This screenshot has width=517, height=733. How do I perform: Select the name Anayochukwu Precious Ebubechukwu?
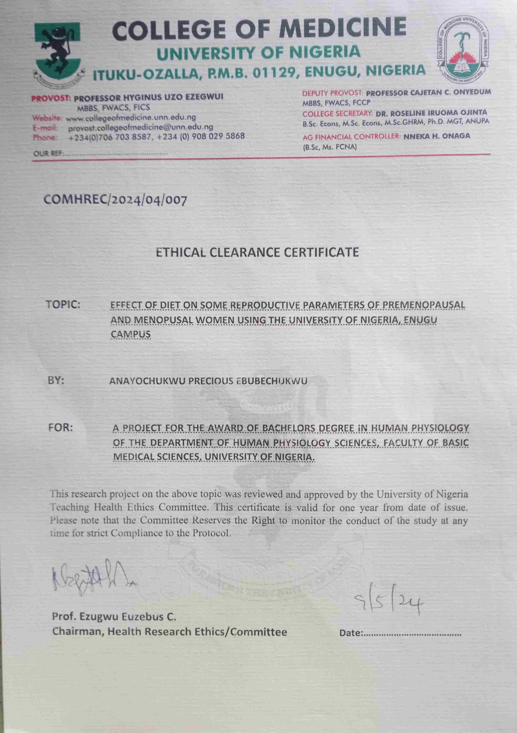click(x=208, y=381)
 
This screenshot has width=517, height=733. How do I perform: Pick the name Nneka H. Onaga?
click(x=437, y=136)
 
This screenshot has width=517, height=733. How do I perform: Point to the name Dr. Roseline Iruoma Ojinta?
click(x=431, y=113)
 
